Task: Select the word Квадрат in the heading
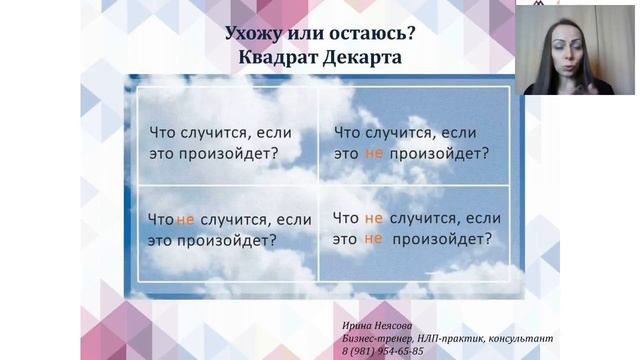pos(280,57)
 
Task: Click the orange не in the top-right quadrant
pos(374,153)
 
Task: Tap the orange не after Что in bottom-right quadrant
pos(374,217)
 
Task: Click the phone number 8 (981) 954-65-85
pos(382,351)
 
